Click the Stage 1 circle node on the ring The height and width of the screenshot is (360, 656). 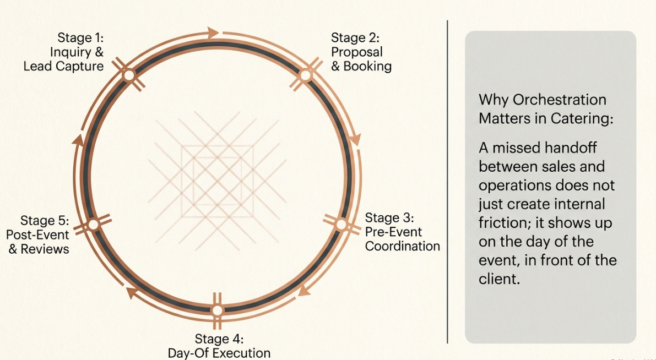click(x=129, y=75)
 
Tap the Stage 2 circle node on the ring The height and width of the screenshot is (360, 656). click(x=306, y=75)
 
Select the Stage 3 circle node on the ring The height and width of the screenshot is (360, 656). click(x=341, y=225)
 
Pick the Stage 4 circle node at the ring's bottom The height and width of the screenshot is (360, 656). click(x=217, y=310)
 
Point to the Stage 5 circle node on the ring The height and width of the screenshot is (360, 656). click(x=93, y=225)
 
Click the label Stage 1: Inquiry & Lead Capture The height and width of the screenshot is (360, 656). click(x=63, y=52)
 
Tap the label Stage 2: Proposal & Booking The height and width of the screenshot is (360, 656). click(x=361, y=52)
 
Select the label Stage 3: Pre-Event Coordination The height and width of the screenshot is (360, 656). click(x=403, y=232)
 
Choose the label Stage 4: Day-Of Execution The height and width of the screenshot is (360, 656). click(x=219, y=345)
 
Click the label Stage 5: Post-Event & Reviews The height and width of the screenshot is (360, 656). click(x=37, y=234)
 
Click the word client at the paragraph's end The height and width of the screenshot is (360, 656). click(x=499, y=279)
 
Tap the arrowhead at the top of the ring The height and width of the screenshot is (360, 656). click(x=213, y=32)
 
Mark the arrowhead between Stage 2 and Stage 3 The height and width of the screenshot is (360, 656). click(x=355, y=140)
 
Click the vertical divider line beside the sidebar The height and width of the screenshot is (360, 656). click(x=448, y=182)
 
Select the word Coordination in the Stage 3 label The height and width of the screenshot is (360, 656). click(x=403, y=246)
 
